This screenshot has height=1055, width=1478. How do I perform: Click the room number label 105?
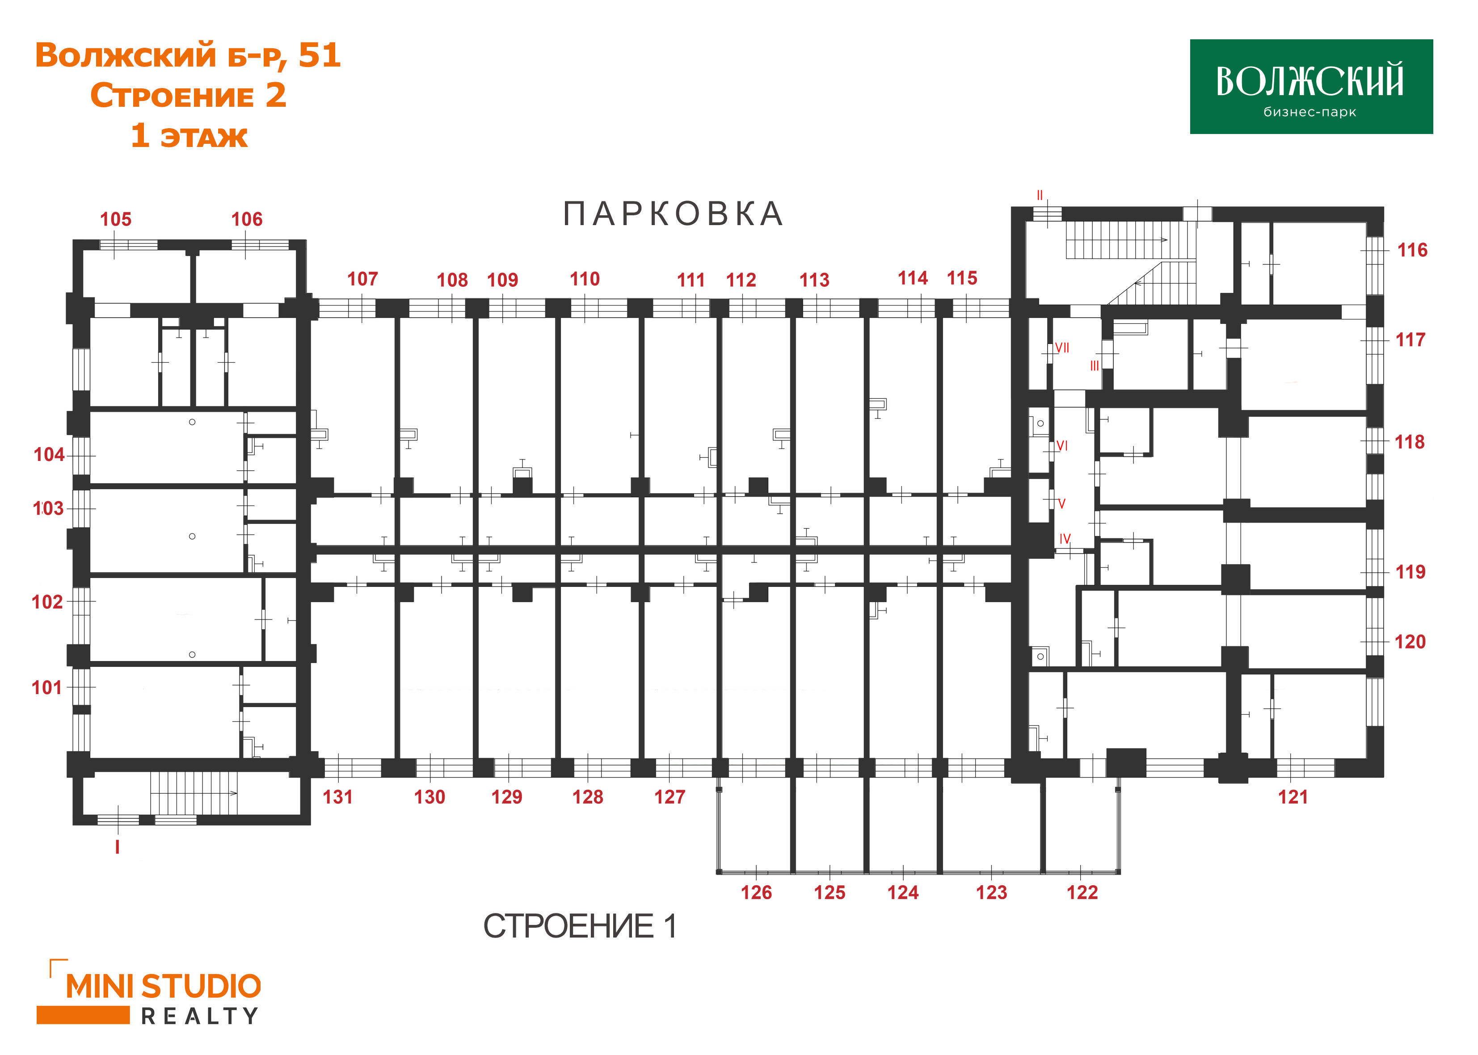116,220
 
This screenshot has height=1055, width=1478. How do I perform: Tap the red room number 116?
1412,250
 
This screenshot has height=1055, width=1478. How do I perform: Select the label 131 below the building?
337,797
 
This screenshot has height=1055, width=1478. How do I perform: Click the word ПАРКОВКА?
673,214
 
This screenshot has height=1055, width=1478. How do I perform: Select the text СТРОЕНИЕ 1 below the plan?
580,926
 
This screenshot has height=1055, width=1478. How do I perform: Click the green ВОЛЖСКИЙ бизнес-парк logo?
1310,86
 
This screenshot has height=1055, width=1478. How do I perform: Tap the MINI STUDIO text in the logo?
163,987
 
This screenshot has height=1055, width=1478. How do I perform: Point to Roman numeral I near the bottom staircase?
117,847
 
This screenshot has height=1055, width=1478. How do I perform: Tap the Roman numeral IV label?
1065,539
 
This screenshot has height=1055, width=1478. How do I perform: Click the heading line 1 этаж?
189,136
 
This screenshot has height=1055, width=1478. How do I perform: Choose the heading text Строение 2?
188,96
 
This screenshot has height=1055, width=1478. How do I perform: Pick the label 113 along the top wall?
814,280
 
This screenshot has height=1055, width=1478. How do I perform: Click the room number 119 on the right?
1410,572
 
